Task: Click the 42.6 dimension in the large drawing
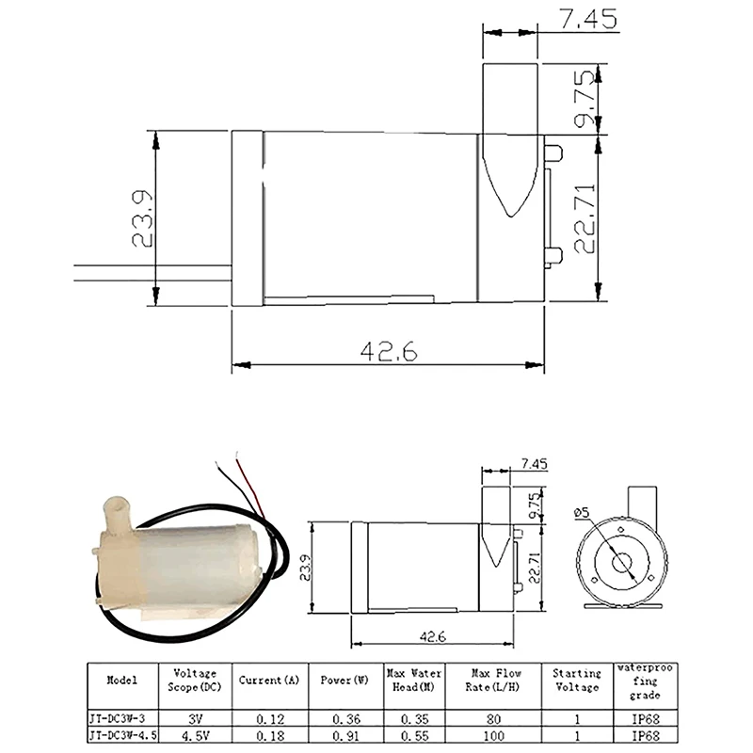tap(389, 351)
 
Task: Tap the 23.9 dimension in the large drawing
tap(142, 219)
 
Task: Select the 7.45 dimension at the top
tap(587, 19)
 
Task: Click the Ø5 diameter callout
tap(581, 512)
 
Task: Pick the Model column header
tap(122, 680)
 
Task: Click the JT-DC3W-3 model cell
tap(117, 718)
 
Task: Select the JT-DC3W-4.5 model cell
tap(123, 735)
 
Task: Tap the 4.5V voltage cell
tap(195, 736)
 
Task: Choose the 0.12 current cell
tap(270, 719)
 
